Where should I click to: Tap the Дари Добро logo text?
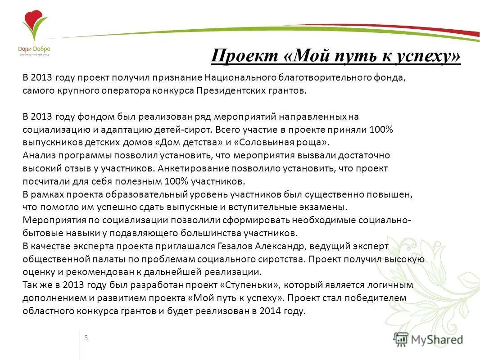[34, 49]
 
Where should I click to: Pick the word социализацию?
[50, 130]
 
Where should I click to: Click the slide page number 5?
[86, 338]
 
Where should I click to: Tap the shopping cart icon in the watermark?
[401, 339]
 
